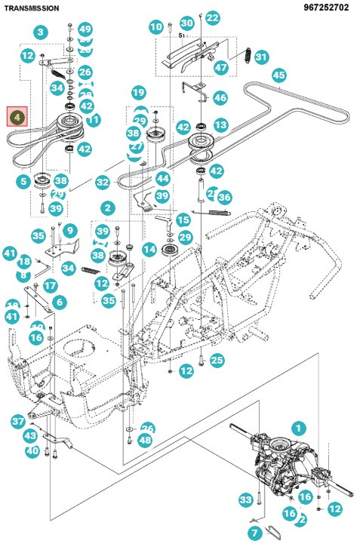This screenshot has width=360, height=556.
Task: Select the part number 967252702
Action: [x=326, y=7]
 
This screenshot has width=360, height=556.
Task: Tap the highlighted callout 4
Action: [x=17, y=117]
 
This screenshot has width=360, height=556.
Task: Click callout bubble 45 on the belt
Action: [x=279, y=75]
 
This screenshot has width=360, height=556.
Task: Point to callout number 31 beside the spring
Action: [x=261, y=57]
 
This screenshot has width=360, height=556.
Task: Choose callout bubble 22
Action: [x=213, y=17]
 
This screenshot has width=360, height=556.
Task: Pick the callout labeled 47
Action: [x=220, y=67]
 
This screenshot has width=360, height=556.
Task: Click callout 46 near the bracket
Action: [x=220, y=97]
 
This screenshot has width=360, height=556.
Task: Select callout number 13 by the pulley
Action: [x=220, y=124]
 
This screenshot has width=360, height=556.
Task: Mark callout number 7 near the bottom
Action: [x=254, y=533]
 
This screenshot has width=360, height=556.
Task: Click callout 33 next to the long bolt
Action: [x=245, y=500]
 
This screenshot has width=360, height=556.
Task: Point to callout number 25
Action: [x=217, y=360]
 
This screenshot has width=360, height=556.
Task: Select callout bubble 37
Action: [x=17, y=421]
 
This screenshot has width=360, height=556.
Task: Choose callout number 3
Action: [x=41, y=32]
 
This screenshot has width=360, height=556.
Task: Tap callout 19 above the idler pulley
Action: [x=138, y=93]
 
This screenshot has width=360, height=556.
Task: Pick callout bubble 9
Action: [x=70, y=230]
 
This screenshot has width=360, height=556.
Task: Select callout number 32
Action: [x=103, y=182]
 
